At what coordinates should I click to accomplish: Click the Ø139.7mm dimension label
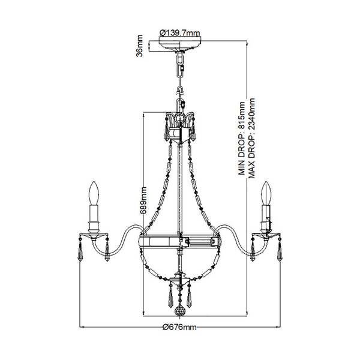(x=180, y=33)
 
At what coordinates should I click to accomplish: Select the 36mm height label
(x=139, y=46)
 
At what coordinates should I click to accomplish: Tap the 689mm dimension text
(x=143, y=200)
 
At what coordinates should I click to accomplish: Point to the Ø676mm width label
(x=179, y=326)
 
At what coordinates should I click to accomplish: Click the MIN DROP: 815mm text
(x=242, y=139)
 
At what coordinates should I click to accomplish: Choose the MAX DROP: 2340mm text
(x=251, y=139)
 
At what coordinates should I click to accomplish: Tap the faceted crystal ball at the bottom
(x=179, y=310)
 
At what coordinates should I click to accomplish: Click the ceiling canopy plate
(x=180, y=44)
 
